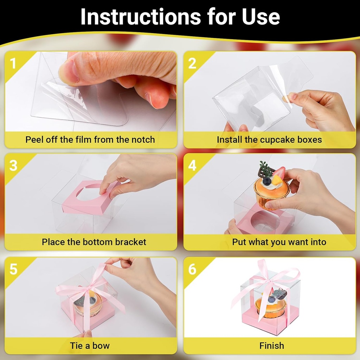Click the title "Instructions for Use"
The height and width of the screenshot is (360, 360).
pos(180,17)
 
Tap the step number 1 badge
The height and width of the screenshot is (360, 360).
pos(13,63)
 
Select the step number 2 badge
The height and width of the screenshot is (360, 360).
pos(192,63)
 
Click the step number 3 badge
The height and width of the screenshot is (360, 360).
pos(13,165)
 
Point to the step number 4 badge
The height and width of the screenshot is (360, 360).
pos(192,165)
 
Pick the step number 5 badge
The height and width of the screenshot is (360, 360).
pos(13,269)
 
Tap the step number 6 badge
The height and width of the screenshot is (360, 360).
pos(192,269)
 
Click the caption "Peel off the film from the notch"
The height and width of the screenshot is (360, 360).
pos(90,140)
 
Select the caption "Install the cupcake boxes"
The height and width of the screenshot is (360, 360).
pos(269,140)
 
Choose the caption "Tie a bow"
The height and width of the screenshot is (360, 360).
pos(90,345)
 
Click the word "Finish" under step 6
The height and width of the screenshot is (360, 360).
pos(271,345)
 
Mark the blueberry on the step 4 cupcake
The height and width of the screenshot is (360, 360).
pos(267,181)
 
